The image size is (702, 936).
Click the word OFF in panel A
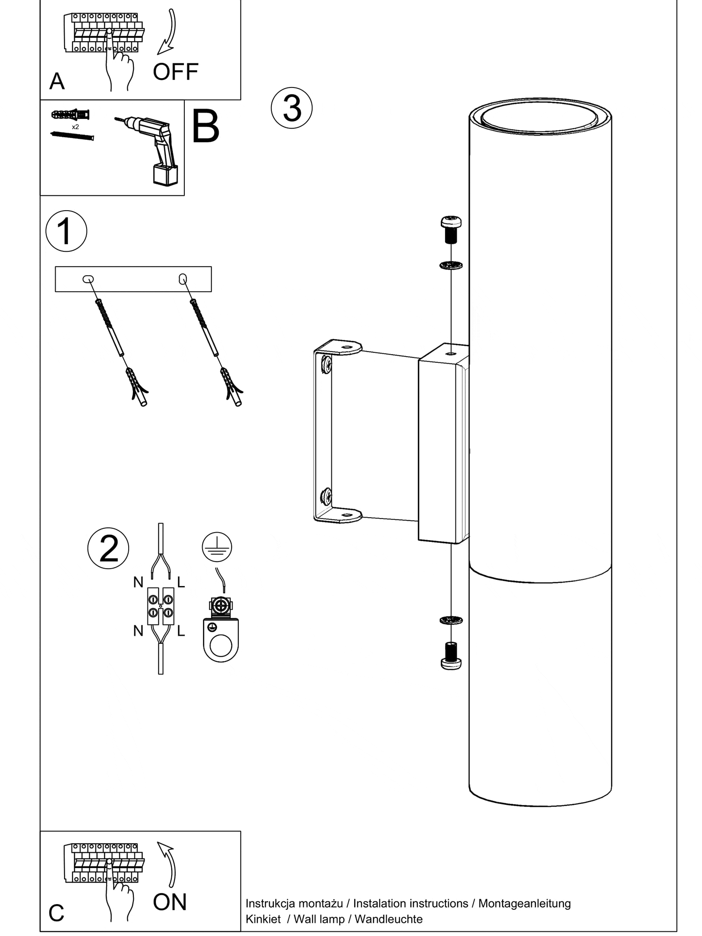coord(175,72)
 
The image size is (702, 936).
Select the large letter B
coord(205,127)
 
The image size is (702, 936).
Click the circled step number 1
coord(66,231)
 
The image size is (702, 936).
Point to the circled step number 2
coord(108,548)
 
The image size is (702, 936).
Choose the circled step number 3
coord(292,108)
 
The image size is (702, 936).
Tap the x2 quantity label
coord(75,127)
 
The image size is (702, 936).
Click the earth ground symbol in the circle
coord(217,547)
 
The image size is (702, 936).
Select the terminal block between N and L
coord(161,606)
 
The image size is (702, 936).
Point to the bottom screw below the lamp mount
coord(451,656)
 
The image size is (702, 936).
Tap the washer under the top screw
coord(451,265)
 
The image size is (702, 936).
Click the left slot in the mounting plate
coord(88,279)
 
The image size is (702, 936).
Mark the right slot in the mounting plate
coord(183,279)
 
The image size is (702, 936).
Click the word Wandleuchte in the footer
coord(388,919)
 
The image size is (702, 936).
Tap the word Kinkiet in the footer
coord(263,919)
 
